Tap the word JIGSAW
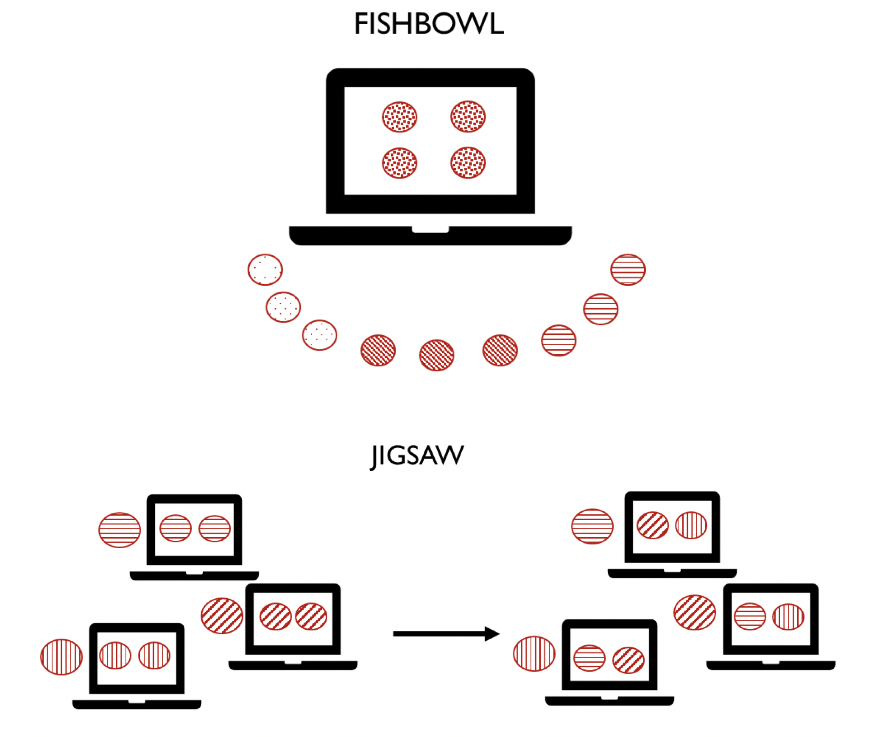[x=417, y=456]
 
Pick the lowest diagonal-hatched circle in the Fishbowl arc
[x=437, y=355]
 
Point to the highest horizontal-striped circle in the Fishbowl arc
[x=628, y=269]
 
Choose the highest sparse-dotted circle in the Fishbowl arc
[x=265, y=269]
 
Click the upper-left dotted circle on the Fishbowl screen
[x=399, y=117]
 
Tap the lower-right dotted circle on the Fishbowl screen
[x=468, y=163]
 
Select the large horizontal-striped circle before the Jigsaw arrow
[x=119, y=530]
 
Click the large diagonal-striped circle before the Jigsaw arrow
[x=222, y=616]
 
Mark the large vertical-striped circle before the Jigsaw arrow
[x=61, y=657]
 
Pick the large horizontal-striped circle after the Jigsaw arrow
[x=593, y=527]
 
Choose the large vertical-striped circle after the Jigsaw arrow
[x=534, y=654]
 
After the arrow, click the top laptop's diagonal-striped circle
[x=653, y=525]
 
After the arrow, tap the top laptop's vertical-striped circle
[x=691, y=525]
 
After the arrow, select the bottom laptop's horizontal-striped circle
[x=589, y=658]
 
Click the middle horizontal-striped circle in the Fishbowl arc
[x=601, y=309]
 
